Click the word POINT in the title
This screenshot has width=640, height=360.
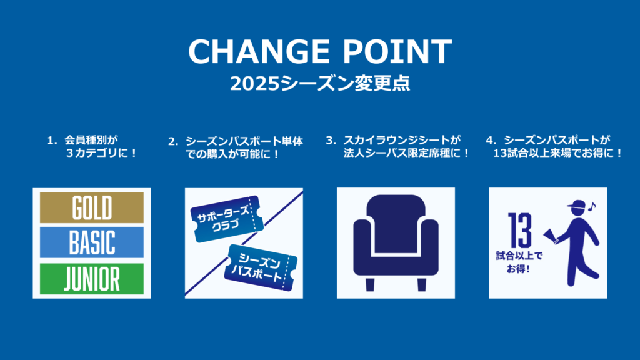pos(397,51)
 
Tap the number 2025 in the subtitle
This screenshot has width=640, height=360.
pos(255,84)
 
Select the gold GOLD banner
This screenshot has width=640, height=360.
pos(92,207)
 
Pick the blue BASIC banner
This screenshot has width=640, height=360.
pos(92,242)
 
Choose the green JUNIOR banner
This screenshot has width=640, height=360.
pos(92,279)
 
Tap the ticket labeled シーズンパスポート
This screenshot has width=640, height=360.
pos(261,267)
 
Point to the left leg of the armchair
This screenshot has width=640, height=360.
pos(370,284)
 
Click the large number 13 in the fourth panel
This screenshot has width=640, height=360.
pos(520,230)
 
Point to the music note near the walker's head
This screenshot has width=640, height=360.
pos(592,206)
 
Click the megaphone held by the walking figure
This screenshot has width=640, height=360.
pos(551,236)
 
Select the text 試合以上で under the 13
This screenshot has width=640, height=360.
pos(519,256)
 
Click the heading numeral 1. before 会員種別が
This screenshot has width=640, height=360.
pos(52,141)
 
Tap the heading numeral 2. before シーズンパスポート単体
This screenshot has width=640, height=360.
pos(173,142)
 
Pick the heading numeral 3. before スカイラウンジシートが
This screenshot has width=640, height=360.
pos(331,141)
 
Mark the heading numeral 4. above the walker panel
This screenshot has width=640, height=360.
pos(491,141)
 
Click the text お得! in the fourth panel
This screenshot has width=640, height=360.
pos(519,269)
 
